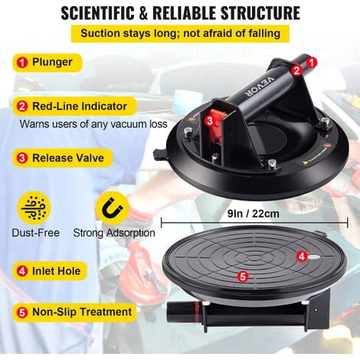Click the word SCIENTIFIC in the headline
pyautogui.click(x=97, y=13)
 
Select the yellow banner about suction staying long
pyautogui.click(x=180, y=34)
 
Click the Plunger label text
pyautogui.click(x=52, y=62)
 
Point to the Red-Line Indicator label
pyautogui.click(x=80, y=106)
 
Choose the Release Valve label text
pyautogui.click(x=68, y=158)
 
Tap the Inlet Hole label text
pyautogui.click(x=56, y=271)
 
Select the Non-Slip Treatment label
pyautogui.click(x=82, y=312)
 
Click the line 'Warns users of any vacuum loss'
pyautogui.click(x=93, y=124)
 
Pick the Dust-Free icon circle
pyautogui.click(x=34, y=208)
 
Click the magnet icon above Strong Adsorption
pyautogui.click(x=112, y=208)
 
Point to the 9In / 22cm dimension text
pyautogui.click(x=254, y=214)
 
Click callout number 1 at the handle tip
pyautogui.click(x=312, y=62)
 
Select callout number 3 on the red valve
pyautogui.click(x=210, y=120)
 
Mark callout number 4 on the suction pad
pyautogui.click(x=302, y=256)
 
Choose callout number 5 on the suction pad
pyautogui.click(x=243, y=277)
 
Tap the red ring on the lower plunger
pyautogui.click(x=197, y=312)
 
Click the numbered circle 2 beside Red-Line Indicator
pyautogui.click(x=22, y=106)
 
